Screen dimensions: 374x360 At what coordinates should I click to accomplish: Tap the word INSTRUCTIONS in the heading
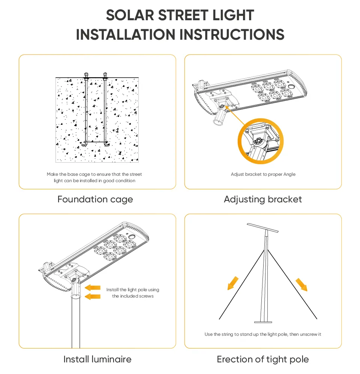tap(232, 34)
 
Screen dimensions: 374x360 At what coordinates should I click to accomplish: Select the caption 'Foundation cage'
tap(95, 199)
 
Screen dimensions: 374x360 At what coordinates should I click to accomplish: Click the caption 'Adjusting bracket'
tap(262, 199)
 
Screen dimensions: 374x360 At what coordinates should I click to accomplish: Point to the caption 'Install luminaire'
tap(97, 359)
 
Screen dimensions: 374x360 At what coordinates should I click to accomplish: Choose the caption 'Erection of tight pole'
tap(262, 359)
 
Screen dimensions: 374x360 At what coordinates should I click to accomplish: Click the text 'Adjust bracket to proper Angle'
tap(263, 174)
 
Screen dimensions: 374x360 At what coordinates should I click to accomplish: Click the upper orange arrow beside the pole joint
tap(93, 288)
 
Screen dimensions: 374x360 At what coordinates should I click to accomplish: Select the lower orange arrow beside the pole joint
tap(93, 296)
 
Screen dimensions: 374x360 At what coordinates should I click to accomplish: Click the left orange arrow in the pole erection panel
tap(233, 283)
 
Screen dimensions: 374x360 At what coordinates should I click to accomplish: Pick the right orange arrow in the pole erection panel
tap(301, 284)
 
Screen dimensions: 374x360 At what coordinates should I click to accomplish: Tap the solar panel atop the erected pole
tap(263, 228)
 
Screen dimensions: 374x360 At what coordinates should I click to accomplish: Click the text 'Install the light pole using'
tap(133, 290)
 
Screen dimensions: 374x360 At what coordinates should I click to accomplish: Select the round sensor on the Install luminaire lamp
tap(132, 237)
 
